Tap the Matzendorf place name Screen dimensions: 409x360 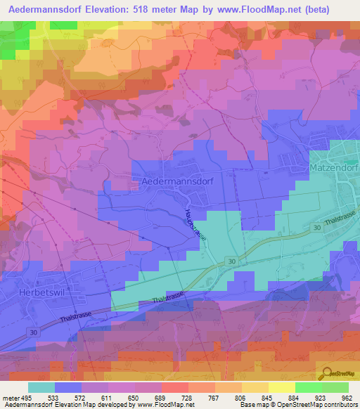(333, 170)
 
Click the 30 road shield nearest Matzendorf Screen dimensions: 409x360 (317, 228)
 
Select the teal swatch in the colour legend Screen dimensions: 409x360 (41, 387)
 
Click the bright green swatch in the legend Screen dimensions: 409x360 (308, 387)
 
